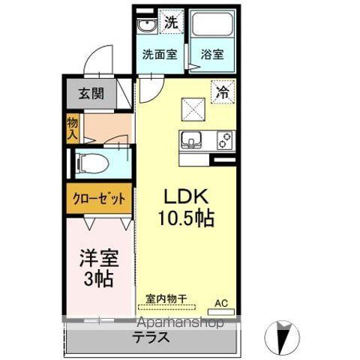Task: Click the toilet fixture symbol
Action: coord(94,163)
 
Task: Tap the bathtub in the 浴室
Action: coord(213,24)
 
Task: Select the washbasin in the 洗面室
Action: coord(147,26)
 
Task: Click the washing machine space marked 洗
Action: coord(172,22)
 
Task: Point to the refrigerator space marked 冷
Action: coord(223,91)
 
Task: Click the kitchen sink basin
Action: coord(191,139)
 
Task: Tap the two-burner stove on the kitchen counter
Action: coord(225,140)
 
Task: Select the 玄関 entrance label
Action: coord(91,94)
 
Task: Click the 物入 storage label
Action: coord(73,129)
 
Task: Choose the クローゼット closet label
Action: coord(99,199)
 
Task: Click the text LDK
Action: coord(186,196)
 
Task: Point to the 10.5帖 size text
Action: coord(186,218)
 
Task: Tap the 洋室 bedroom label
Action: coord(99,258)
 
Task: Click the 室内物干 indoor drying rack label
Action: coord(166,298)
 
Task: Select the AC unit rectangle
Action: coord(221,312)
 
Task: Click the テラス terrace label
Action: coord(151,337)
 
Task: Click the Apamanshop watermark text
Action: coord(181,322)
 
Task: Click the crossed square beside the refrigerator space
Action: coord(193,109)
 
